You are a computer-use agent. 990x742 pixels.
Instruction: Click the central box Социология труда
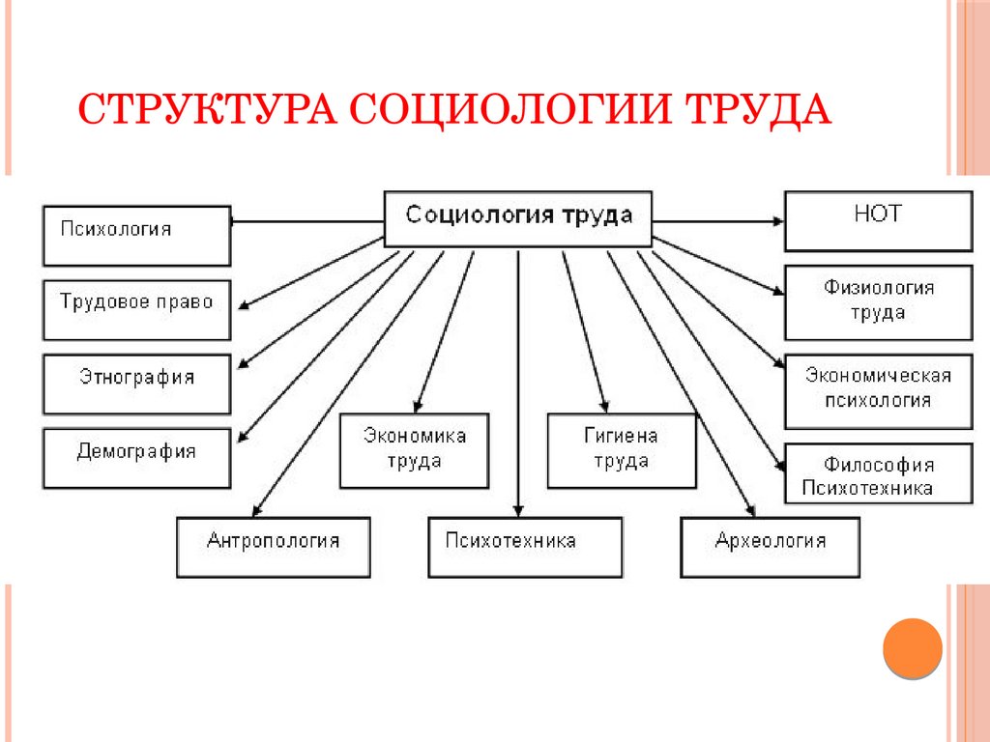(518, 216)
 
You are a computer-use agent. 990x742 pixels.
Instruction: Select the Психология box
(136, 235)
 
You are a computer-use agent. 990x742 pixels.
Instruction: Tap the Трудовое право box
(136, 309)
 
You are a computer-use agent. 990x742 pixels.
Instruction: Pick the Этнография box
(136, 384)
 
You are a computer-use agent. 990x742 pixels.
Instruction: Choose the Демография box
(136, 458)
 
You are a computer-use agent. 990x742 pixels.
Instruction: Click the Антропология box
(274, 547)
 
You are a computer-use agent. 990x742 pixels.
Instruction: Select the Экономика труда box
(414, 449)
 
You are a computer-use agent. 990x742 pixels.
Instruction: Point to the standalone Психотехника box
(524, 547)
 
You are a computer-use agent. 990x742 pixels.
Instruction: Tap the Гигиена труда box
(621, 449)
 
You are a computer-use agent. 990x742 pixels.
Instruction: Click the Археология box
(770, 547)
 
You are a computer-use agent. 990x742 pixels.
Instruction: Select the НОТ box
(878, 221)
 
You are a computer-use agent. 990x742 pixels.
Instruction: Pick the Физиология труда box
(878, 301)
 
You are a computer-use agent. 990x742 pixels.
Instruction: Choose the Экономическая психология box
(878, 391)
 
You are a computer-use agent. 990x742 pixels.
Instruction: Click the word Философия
(879, 465)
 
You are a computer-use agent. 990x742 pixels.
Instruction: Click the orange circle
(912, 646)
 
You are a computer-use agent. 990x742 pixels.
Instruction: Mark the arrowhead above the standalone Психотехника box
(518, 511)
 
